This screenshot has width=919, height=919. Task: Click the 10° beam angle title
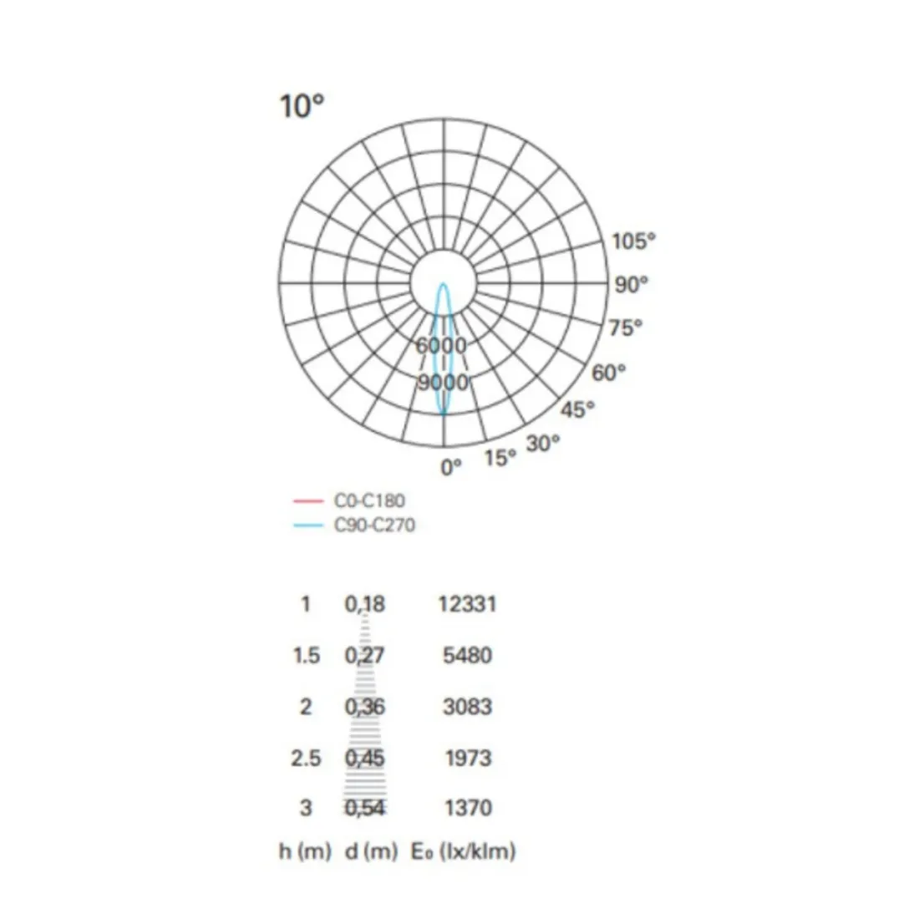coord(302,107)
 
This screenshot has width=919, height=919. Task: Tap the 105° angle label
coord(634,241)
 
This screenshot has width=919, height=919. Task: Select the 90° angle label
coord(632,285)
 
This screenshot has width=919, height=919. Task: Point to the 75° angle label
coord(626,328)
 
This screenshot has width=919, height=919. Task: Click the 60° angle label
coord(608,373)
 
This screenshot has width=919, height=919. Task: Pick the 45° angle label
coord(578,409)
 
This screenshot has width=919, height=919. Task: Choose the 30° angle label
coord(543,444)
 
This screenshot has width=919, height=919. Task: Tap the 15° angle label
coord(500,458)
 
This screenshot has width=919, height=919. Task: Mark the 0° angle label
coord(451,468)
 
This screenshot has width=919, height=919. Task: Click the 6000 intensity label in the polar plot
coord(442,345)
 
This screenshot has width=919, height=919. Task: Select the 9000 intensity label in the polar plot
coord(443,383)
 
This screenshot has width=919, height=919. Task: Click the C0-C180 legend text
coord(368,500)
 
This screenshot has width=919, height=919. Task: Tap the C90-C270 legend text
coord(373,526)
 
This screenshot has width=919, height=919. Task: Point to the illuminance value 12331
coord(467,603)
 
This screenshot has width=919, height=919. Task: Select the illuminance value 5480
coord(467,655)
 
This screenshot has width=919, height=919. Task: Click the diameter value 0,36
coord(365,707)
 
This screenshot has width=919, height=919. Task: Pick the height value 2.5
coord(306,759)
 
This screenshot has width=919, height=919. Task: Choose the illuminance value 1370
coord(467,808)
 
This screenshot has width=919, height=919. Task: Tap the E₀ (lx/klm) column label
coord(464,852)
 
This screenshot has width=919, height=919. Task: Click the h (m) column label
coord(305,852)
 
